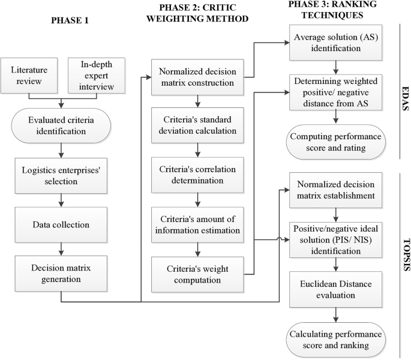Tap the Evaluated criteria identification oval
pos(61,115)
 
